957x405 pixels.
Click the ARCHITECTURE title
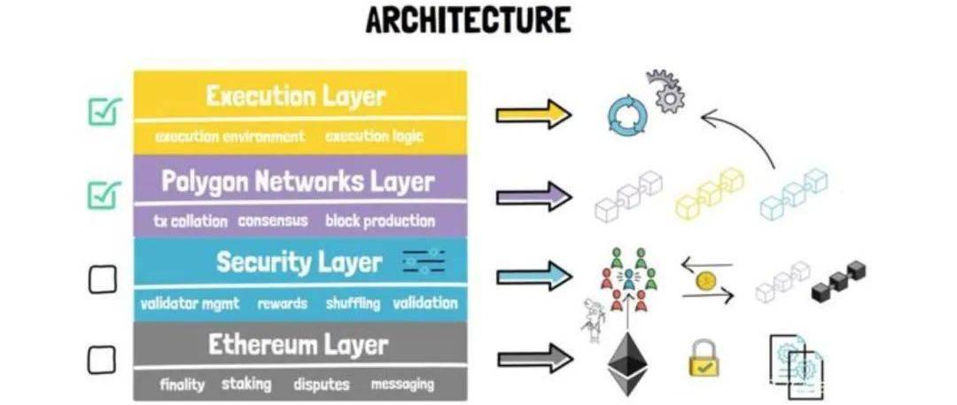468,19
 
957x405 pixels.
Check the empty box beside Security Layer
102,280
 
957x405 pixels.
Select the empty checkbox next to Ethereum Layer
102,359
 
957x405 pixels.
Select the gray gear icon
664,91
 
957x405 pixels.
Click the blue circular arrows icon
628,114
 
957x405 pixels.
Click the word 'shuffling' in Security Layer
352,303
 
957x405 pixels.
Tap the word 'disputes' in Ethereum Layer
321,385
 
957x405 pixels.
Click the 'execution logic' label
374,136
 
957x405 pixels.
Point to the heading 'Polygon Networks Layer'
298,182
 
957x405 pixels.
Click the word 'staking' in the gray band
247,384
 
